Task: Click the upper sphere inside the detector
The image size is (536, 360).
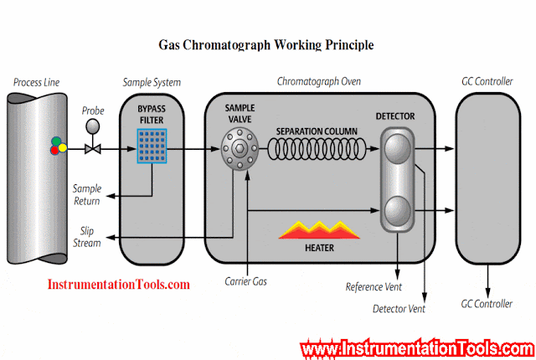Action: [396, 152]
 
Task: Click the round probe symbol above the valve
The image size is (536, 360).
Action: [92, 127]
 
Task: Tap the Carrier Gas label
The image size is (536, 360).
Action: [245, 281]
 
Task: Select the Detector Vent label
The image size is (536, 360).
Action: [399, 309]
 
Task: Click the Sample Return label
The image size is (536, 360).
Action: [86, 194]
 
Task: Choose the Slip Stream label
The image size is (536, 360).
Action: [87, 237]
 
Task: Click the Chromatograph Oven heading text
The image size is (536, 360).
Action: [317, 82]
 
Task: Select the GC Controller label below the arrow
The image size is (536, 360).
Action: [487, 302]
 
